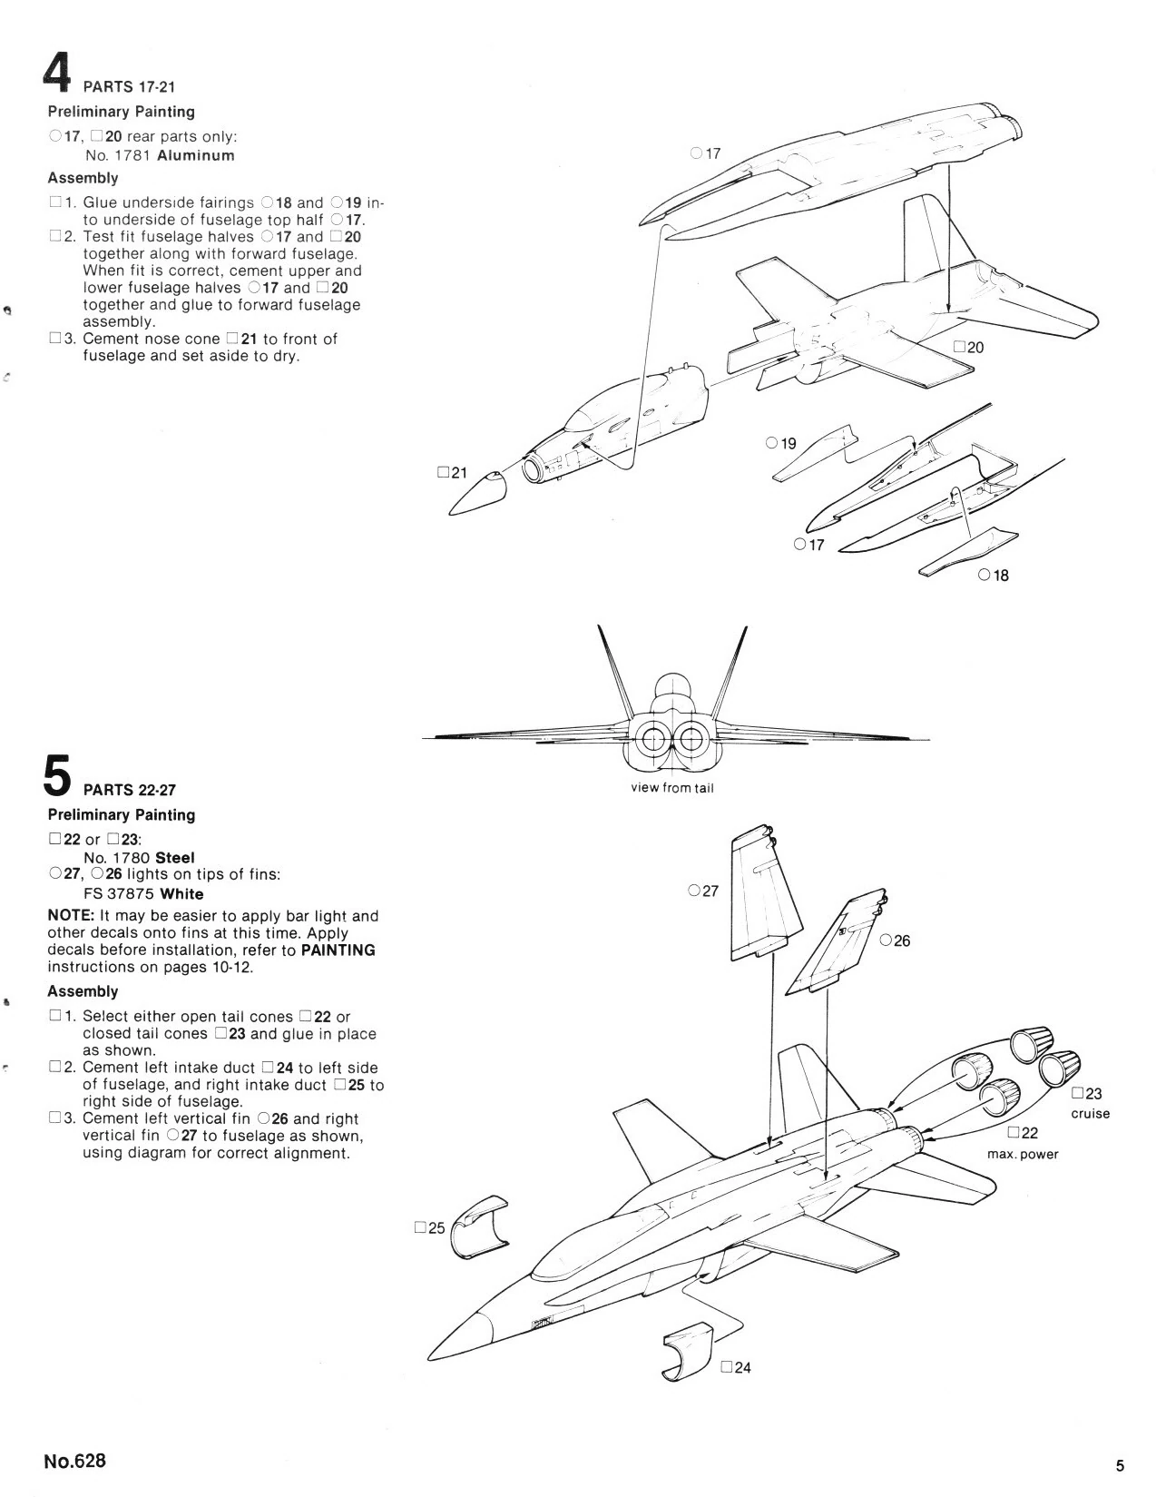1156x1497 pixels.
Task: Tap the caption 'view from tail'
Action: [672, 788]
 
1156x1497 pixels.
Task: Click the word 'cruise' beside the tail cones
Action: [1091, 1114]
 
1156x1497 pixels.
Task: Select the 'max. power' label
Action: [1023, 1154]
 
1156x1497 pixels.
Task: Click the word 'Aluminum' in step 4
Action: [196, 155]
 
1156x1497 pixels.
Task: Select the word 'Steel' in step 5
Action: [175, 857]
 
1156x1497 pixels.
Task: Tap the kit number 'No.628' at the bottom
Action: [74, 1461]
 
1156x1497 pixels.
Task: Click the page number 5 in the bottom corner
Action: [1120, 1465]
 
